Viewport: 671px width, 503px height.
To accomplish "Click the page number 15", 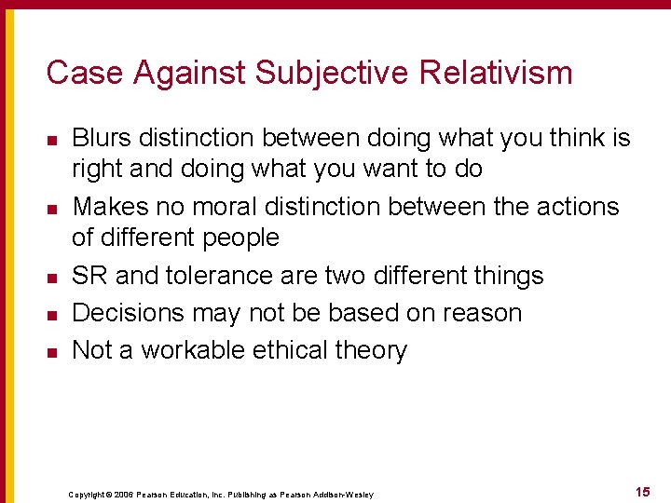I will pos(642,490).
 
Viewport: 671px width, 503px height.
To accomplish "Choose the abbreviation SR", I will pos(89,276).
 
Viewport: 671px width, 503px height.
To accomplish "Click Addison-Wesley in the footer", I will pos(346,495).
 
